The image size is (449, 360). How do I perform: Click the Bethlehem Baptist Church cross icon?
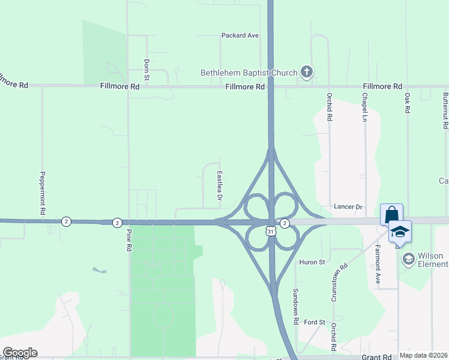pyautogui.click(x=307, y=73)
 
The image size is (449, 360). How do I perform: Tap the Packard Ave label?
pyautogui.click(x=240, y=35)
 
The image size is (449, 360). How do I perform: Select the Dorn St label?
pyautogui.click(x=146, y=70)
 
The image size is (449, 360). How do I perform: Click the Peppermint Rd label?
pyautogui.click(x=43, y=193)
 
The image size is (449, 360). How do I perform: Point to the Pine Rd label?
pyautogui.click(x=129, y=240)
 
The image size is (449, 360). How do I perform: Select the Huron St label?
pyautogui.click(x=312, y=262)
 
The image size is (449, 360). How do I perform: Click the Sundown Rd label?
pyautogui.click(x=296, y=306)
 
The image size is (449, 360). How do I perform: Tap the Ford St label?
pyautogui.click(x=314, y=322)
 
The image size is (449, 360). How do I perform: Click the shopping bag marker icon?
pyautogui.click(x=391, y=214)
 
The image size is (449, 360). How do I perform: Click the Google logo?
pyautogui.click(x=20, y=353)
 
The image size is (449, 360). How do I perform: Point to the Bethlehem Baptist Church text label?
pyautogui.click(x=249, y=73)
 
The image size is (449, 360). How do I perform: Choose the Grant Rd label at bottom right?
pyautogui.click(x=376, y=356)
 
